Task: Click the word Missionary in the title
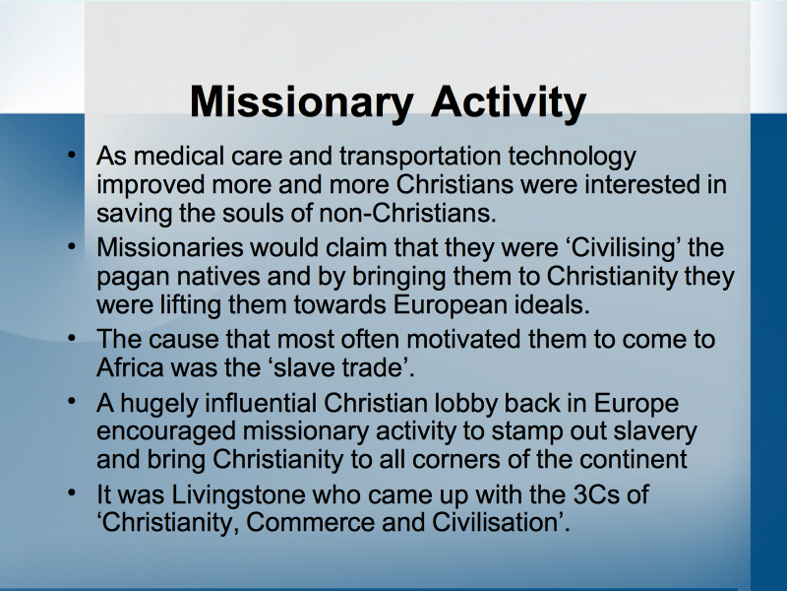[x=301, y=103]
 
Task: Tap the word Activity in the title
[x=509, y=103]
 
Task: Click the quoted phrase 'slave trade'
[x=337, y=367]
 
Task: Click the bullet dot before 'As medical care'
[x=72, y=155]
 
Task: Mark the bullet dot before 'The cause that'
[x=72, y=338]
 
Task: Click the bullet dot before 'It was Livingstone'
[x=72, y=492]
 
